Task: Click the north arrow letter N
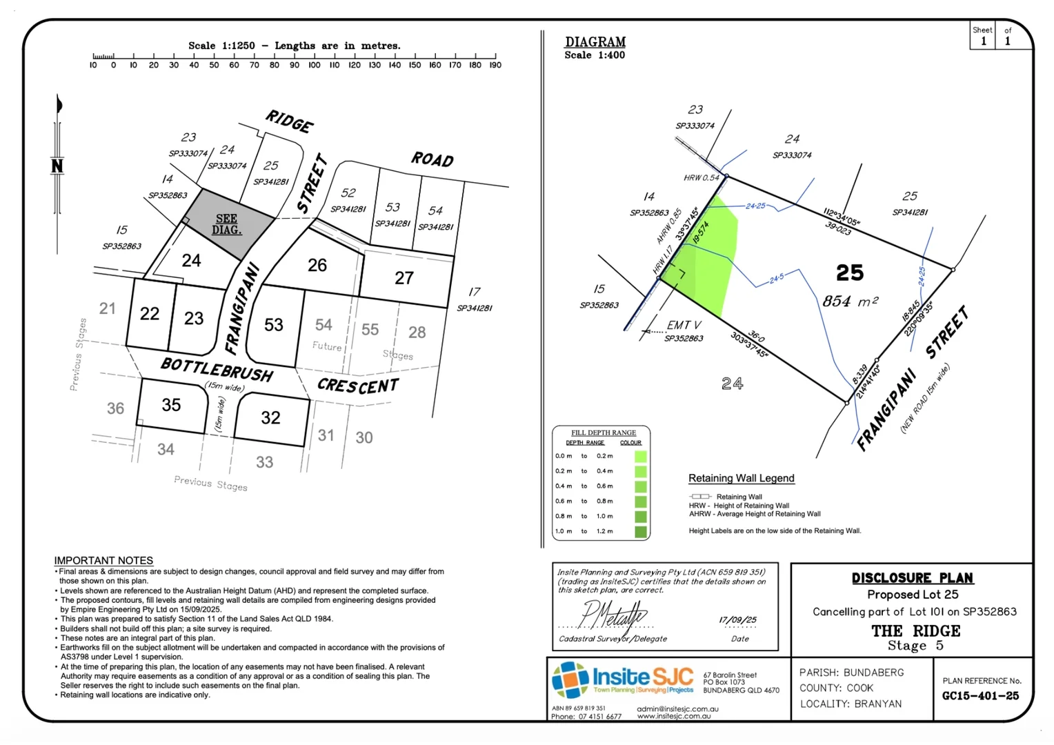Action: coord(57,166)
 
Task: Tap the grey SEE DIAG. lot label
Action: coord(226,224)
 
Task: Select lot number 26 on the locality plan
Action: coord(317,265)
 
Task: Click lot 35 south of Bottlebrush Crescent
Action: coord(171,405)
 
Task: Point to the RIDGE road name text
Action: coord(290,121)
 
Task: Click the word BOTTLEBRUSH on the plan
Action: coord(217,369)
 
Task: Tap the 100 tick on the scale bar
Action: coord(315,65)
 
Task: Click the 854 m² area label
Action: coord(850,301)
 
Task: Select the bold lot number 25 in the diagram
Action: coord(850,273)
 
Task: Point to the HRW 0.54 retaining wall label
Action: coord(702,178)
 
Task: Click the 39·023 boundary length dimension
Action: coord(838,228)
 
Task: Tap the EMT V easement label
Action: coord(684,325)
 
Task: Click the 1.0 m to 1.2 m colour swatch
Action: coord(641,532)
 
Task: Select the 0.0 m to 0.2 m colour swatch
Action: coord(641,456)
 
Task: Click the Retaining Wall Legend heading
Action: coord(742,478)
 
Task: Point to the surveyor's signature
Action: coord(613,614)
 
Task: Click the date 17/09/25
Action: coord(737,620)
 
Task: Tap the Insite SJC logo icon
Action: coord(570,679)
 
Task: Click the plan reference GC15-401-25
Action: coord(980,696)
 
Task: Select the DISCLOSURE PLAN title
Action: coord(912,578)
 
